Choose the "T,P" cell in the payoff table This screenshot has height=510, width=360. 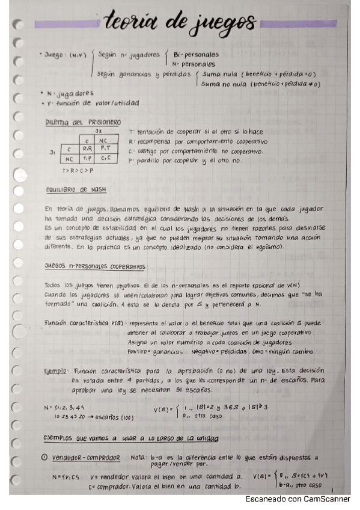tap(87, 159)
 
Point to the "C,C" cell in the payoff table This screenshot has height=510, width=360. tap(105, 159)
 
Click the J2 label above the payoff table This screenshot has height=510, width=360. tap(97, 131)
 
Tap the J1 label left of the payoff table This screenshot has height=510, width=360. tap(53, 152)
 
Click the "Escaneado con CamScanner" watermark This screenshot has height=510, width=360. tap(301, 500)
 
